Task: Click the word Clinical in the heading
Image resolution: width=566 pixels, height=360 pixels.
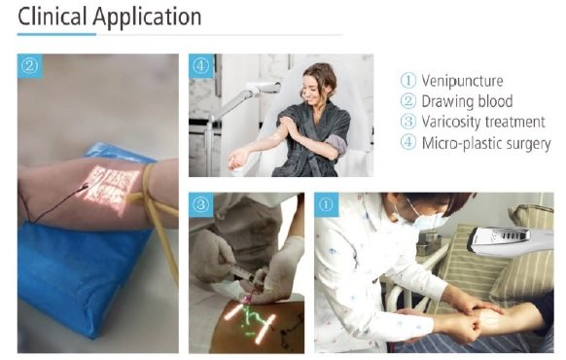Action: (x=52, y=17)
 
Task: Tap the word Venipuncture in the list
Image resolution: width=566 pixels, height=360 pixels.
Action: (x=462, y=81)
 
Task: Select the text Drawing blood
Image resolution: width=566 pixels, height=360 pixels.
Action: (x=467, y=101)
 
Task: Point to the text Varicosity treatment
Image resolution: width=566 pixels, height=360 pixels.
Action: (x=483, y=122)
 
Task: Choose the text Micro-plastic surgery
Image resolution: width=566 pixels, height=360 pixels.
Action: (x=486, y=143)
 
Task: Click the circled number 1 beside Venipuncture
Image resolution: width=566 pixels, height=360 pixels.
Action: (x=408, y=81)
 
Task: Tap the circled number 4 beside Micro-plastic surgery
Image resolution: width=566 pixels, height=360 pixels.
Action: (x=408, y=142)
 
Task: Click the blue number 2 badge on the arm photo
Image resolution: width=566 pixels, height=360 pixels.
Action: (x=29, y=66)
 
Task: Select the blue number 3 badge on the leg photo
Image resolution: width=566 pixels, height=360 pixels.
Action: (x=200, y=204)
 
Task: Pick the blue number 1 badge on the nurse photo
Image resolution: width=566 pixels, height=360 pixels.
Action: (x=326, y=204)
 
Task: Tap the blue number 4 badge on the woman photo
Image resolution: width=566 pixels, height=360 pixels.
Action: (x=200, y=66)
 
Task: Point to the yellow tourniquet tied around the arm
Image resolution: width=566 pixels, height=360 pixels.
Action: (x=156, y=202)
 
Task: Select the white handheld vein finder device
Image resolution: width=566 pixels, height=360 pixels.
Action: (x=510, y=238)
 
